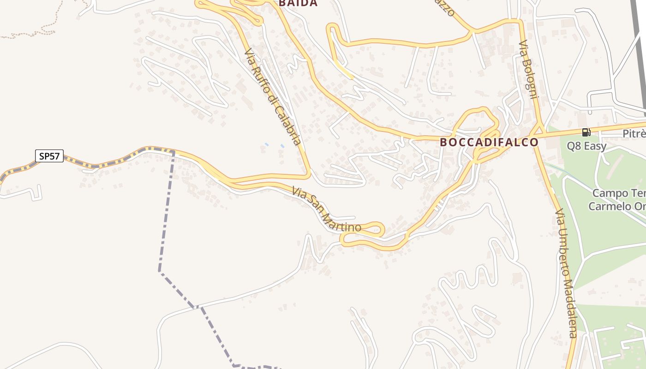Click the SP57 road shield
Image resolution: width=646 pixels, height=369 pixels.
tap(49, 156)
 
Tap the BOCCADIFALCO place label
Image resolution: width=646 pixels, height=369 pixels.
tap(489, 142)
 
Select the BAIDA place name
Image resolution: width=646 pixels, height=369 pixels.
tap(298, 3)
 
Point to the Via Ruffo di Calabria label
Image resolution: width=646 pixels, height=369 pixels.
tap(273, 97)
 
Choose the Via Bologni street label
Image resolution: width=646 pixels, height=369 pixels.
tap(529, 70)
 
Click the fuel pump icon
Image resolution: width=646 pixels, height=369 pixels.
tap(586, 133)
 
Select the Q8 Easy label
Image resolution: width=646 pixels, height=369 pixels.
tap(586, 146)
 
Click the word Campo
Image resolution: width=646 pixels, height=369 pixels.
tap(610, 193)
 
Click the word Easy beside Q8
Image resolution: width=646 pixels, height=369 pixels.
tap(595, 146)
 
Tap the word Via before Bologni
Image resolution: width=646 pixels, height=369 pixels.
tap(523, 48)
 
